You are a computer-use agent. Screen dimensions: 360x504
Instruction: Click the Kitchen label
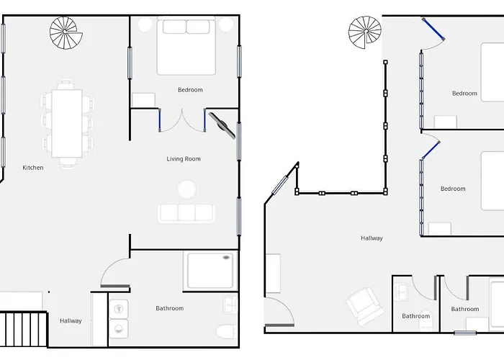33,168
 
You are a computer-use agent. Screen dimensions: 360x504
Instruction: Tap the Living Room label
184,159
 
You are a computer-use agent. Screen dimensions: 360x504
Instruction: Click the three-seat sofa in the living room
186,212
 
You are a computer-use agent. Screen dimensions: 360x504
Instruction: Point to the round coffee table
186,189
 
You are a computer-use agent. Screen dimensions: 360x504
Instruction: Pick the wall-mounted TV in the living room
221,124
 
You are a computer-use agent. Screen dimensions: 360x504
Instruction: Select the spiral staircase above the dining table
66,32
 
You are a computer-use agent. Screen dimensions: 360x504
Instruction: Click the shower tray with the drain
210,270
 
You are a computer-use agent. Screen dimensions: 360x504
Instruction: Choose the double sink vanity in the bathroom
119,318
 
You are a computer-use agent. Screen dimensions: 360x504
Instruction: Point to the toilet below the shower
225,333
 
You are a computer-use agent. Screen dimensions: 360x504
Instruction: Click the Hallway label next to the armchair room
372,238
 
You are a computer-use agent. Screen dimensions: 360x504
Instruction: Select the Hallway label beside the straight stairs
71,321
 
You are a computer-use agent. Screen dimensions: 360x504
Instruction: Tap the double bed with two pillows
186,47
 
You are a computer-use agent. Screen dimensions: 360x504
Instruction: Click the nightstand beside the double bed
144,100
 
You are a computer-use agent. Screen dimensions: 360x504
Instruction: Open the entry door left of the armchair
276,311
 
